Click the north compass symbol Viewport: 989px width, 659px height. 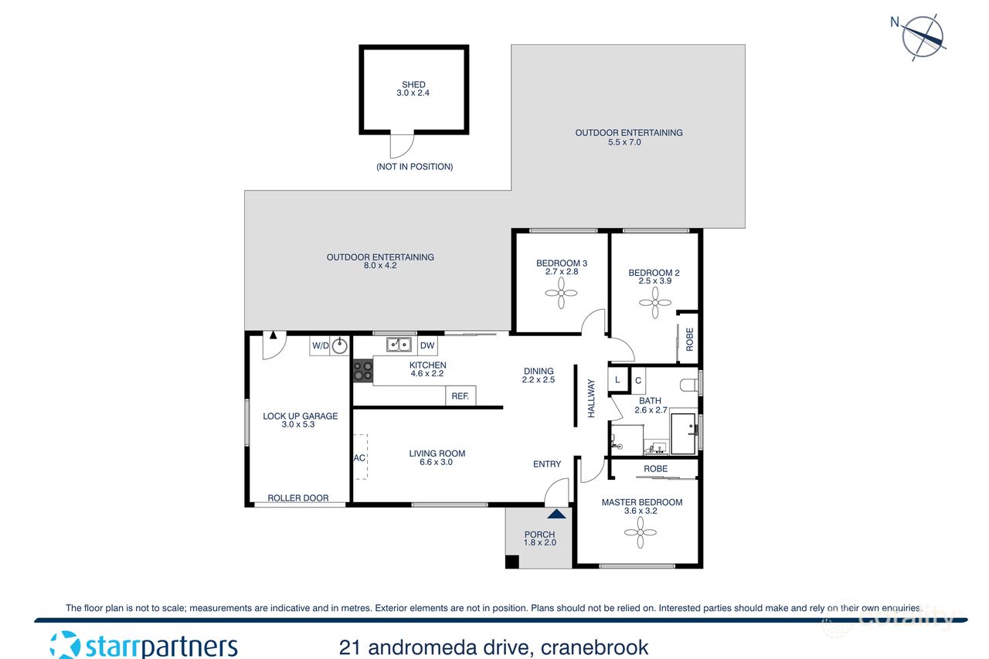(x=924, y=36)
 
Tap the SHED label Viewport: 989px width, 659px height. (x=413, y=85)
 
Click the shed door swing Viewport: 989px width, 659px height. (x=402, y=145)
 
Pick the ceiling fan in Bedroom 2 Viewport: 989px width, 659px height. (x=654, y=303)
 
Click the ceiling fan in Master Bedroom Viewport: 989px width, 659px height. (x=641, y=532)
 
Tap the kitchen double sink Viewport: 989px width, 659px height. (x=399, y=345)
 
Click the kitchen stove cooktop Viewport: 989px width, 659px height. (x=362, y=371)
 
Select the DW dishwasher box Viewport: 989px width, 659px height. (x=427, y=345)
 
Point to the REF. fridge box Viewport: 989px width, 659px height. (x=461, y=396)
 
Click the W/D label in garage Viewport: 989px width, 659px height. (x=320, y=345)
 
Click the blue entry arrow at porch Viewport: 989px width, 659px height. (x=556, y=512)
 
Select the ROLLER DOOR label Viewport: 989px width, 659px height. (x=298, y=498)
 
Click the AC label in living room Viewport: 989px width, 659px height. (x=359, y=457)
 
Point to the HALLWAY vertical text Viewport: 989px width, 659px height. (x=592, y=399)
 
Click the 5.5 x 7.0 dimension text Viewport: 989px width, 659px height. (x=629, y=143)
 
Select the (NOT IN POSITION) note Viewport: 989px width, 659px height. (x=414, y=167)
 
